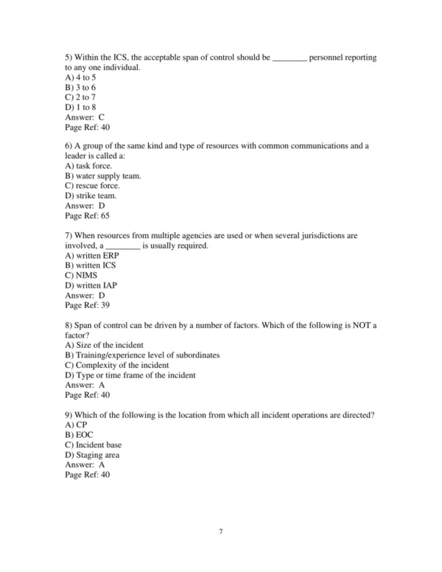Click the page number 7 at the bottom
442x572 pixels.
click(220, 531)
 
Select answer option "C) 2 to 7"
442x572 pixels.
click(80, 97)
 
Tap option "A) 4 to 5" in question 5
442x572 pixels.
click(80, 77)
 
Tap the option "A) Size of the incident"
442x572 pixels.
click(104, 344)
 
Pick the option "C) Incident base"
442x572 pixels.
click(94, 445)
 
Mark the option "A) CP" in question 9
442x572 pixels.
click(75, 425)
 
